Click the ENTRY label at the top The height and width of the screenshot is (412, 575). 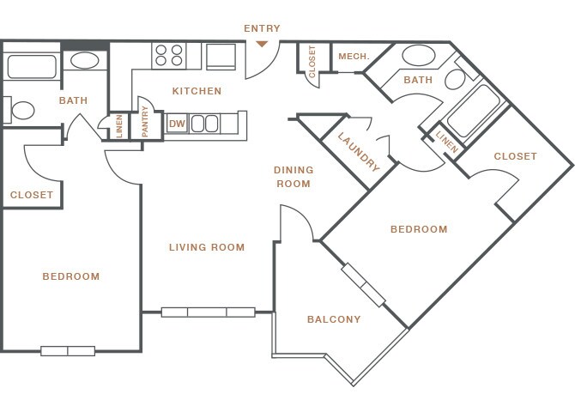pos(262,28)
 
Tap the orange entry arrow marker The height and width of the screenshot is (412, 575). pos(262,44)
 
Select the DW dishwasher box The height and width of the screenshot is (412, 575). pos(177,124)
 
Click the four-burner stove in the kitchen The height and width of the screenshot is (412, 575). pos(169,56)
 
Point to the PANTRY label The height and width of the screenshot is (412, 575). pos(145,121)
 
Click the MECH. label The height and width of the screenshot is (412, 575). pos(354,57)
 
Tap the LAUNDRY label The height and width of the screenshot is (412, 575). pos(358,152)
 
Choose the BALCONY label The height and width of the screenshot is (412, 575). pos(334,319)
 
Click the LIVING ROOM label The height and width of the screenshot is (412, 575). pos(207,247)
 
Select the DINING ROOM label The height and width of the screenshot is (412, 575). pos(294,177)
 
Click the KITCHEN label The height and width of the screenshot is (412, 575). pos(197,91)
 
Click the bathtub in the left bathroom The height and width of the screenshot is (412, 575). pos(32,67)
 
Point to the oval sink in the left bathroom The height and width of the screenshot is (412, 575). pos(85,61)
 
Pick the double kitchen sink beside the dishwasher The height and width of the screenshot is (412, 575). pos(204,124)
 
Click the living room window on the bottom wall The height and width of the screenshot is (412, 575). pos(209,312)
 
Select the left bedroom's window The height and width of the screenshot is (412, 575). pos(68,351)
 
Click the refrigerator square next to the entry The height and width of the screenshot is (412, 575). pos(221,57)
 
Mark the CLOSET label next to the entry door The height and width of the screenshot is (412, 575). pos(312,62)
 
